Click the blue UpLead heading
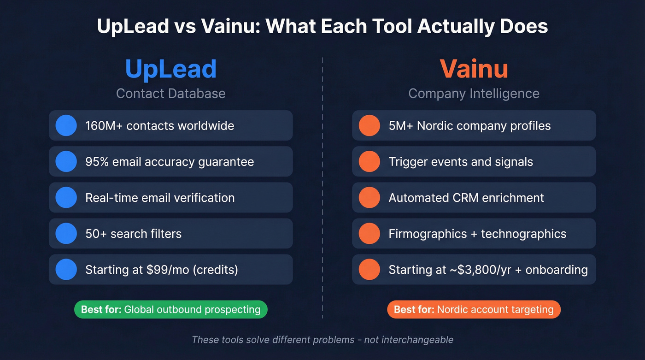click(171, 69)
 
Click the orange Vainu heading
click(474, 69)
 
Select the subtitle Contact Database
click(171, 94)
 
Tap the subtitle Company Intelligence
click(474, 94)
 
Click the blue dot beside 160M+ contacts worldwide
click(66, 125)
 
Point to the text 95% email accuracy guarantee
click(170, 162)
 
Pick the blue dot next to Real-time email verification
click(66, 198)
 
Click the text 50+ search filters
click(133, 234)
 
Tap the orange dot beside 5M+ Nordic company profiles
click(369, 125)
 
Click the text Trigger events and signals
click(461, 162)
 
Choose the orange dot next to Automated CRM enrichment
click(369, 198)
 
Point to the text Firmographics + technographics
click(477, 234)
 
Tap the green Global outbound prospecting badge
click(171, 309)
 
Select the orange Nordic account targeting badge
click(474, 309)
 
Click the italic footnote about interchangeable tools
click(322, 340)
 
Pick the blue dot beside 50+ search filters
click(66, 234)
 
